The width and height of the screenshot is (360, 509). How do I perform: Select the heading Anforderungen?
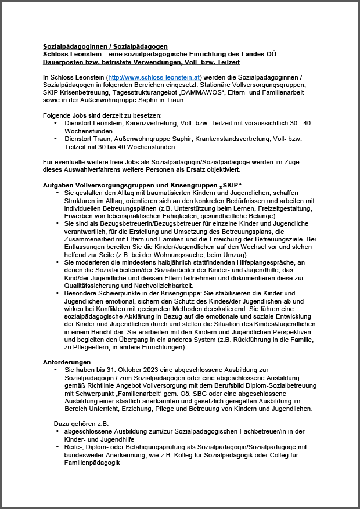[x=67, y=362]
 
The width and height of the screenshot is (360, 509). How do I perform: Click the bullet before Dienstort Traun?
[x=56, y=139]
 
